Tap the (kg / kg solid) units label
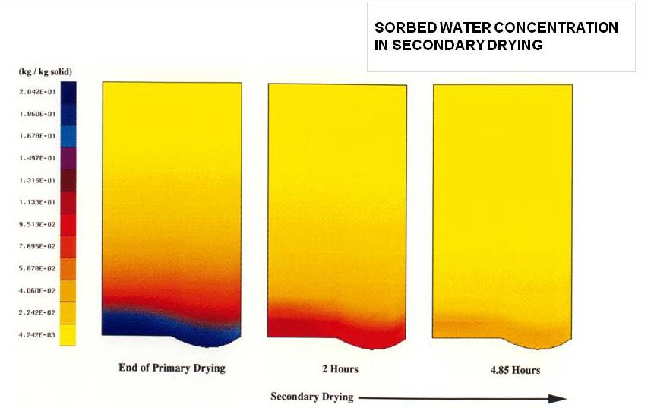(x=45, y=72)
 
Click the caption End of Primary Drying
(x=172, y=368)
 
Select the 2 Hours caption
(x=339, y=369)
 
